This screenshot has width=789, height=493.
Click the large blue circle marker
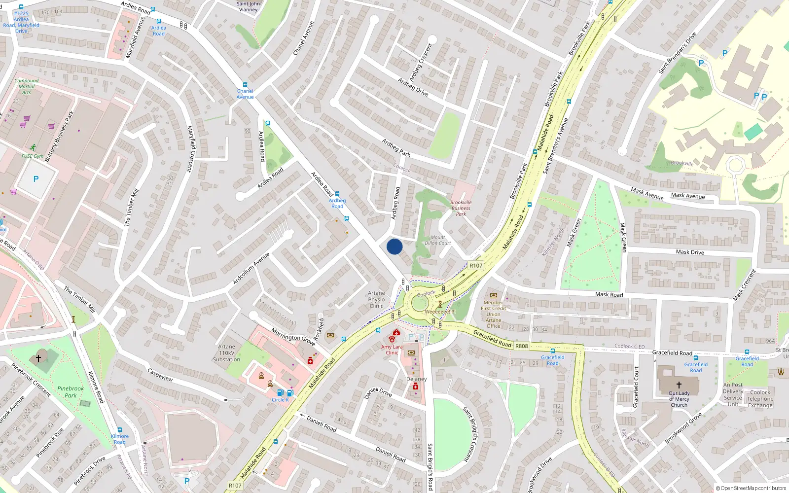394,246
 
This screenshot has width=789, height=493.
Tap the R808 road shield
521,346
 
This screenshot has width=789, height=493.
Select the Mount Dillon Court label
438,240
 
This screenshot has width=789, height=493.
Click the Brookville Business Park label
461,208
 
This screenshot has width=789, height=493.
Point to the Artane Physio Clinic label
376,299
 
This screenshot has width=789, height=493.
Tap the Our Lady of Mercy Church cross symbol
679,385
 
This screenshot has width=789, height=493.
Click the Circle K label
280,400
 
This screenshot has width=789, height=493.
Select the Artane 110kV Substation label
226,353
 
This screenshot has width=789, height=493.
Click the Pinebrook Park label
71,391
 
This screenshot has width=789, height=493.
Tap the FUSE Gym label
33,156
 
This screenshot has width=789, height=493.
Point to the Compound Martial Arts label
27,86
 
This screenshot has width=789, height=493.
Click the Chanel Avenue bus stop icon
245,85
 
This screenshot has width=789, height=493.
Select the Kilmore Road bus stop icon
119,430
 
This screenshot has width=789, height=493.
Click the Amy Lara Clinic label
392,350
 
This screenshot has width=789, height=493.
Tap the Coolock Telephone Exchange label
760,399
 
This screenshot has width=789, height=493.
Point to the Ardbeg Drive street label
413,87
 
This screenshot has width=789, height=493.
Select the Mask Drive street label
690,252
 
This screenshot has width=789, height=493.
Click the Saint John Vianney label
248,6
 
